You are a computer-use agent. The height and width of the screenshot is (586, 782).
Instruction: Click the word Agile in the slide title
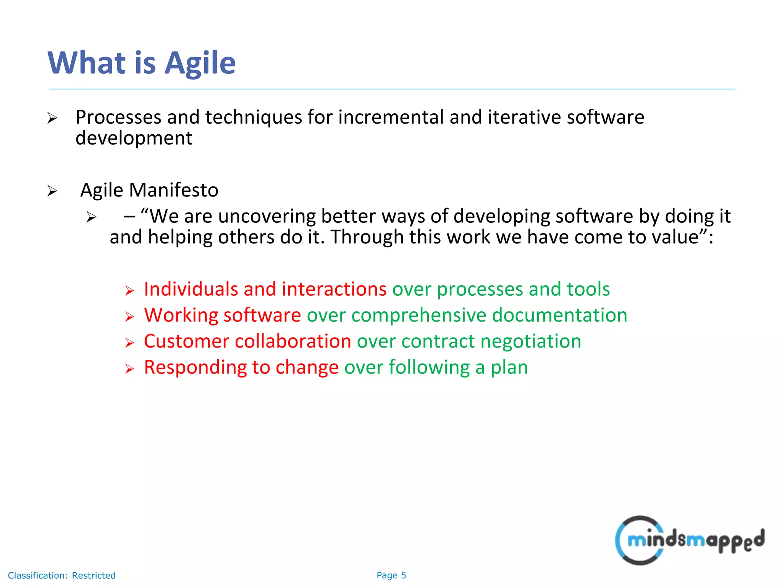click(x=200, y=63)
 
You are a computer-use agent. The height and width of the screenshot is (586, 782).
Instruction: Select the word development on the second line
click(x=134, y=138)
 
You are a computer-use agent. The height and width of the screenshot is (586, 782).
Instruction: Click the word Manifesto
click(x=173, y=190)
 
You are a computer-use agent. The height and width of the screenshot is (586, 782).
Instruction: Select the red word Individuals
click(x=191, y=289)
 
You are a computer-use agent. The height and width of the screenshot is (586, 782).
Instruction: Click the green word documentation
click(x=559, y=315)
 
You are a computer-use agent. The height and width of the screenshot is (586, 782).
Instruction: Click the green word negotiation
click(x=531, y=341)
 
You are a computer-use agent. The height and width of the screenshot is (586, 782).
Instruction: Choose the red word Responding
click(x=195, y=367)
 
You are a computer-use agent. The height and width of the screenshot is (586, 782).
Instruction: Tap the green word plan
click(x=509, y=367)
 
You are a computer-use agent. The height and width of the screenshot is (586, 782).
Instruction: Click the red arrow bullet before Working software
click(x=129, y=317)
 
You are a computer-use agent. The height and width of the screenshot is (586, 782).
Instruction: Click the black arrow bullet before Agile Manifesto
click(x=52, y=191)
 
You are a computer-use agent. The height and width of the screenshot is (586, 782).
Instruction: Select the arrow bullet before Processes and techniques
click(x=52, y=118)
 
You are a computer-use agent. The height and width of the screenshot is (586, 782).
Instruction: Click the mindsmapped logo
click(x=689, y=540)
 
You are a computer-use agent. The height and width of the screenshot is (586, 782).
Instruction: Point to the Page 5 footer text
click(x=391, y=575)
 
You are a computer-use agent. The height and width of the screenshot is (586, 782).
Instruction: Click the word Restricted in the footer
click(x=94, y=575)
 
